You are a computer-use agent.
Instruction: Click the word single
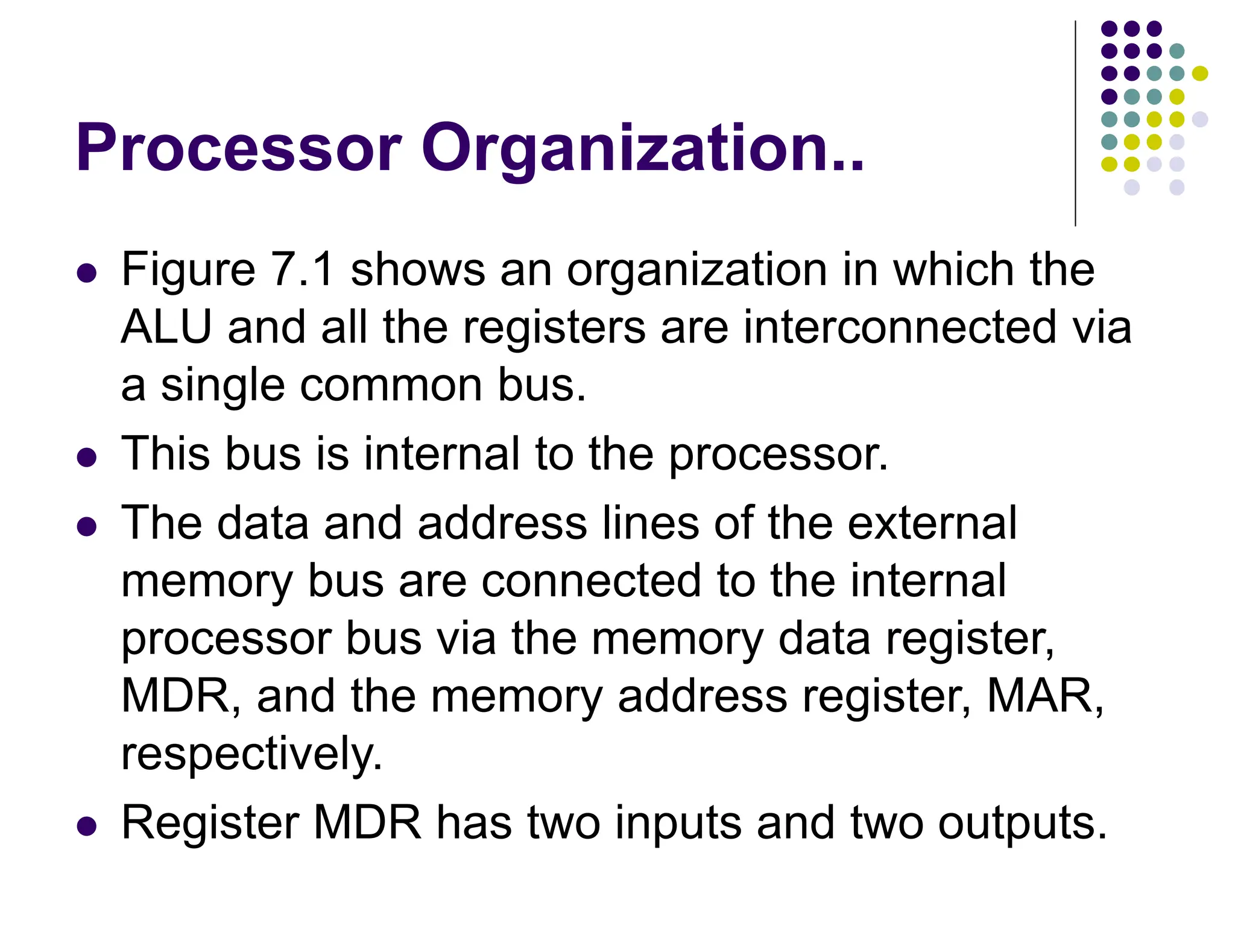[223, 386]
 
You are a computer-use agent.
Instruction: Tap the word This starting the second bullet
[166, 453]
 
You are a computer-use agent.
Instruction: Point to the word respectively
[251, 754]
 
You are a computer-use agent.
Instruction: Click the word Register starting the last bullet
[210, 822]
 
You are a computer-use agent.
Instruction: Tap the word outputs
[1022, 824]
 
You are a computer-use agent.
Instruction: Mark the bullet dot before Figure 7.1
[87, 273]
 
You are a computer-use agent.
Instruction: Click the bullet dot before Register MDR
[87, 827]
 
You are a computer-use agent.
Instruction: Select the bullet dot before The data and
[87, 526]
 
